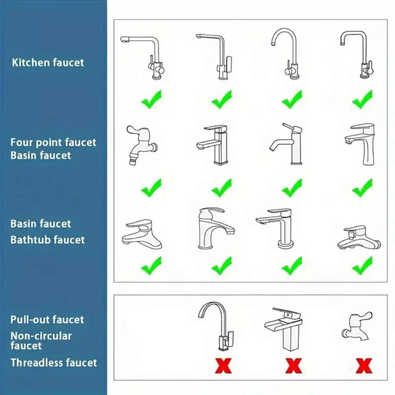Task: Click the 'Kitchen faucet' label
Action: (x=48, y=63)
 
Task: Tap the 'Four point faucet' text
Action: (x=53, y=143)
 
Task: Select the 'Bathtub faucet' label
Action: (x=47, y=240)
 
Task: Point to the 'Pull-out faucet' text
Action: (x=47, y=320)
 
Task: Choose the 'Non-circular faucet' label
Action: (x=41, y=341)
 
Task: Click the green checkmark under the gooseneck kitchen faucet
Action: (x=292, y=99)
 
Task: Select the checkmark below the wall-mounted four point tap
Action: (x=151, y=188)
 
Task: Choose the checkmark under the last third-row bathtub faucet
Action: (x=362, y=266)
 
